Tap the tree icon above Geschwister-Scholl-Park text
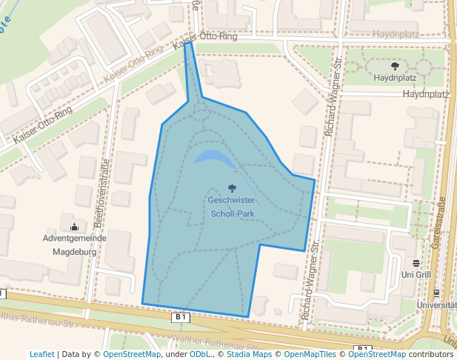[x=233, y=188]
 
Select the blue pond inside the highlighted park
[x=215, y=158]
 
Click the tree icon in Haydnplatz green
[x=394, y=66]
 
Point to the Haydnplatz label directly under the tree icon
[x=395, y=77]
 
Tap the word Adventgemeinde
[x=75, y=239]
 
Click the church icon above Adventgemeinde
[x=74, y=227]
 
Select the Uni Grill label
[x=416, y=275]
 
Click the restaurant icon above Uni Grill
[x=416, y=263]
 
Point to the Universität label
[x=436, y=304]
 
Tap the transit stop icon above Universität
[x=436, y=293]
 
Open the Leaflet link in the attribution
[x=41, y=354]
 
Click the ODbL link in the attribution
[x=201, y=354]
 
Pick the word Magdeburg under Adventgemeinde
[x=75, y=251]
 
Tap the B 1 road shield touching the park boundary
[x=181, y=317]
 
